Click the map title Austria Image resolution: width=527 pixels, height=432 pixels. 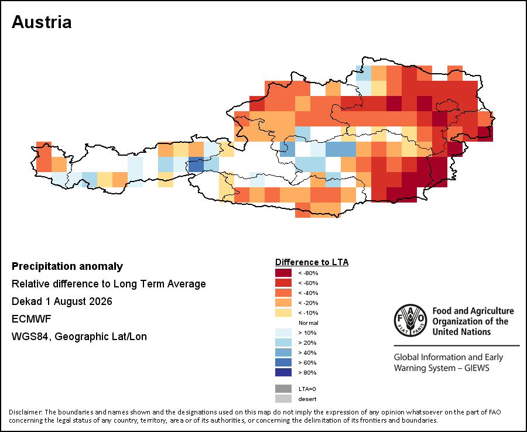pos(42,22)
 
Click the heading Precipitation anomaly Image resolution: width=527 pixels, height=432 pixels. pos(67,266)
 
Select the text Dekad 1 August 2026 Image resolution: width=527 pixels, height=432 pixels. pos(62,301)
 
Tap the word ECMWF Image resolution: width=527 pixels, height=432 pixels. pos(31,319)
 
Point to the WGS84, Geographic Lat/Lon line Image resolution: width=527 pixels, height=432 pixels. pos(79,337)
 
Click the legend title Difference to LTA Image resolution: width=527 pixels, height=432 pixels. pos(312,262)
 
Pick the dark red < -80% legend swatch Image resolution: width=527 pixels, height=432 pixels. pos(283,273)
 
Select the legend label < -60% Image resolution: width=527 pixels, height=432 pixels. pos(308,283)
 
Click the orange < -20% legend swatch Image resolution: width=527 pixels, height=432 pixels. pos(283,303)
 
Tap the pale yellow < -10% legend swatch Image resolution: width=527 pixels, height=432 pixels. pos(283,313)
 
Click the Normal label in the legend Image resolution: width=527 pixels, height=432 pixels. pos(308,323)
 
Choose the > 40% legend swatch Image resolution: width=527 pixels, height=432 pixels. pos(283,352)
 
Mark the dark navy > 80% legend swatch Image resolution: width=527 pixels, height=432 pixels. pos(283,372)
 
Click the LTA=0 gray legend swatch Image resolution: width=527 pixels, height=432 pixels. pos(283,389)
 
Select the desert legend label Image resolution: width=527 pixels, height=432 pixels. pos(307,399)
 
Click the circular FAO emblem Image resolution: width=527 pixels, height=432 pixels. pos(410,320)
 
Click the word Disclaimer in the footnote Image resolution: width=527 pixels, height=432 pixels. pos(25,412)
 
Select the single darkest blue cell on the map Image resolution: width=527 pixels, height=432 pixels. pos(196,164)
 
